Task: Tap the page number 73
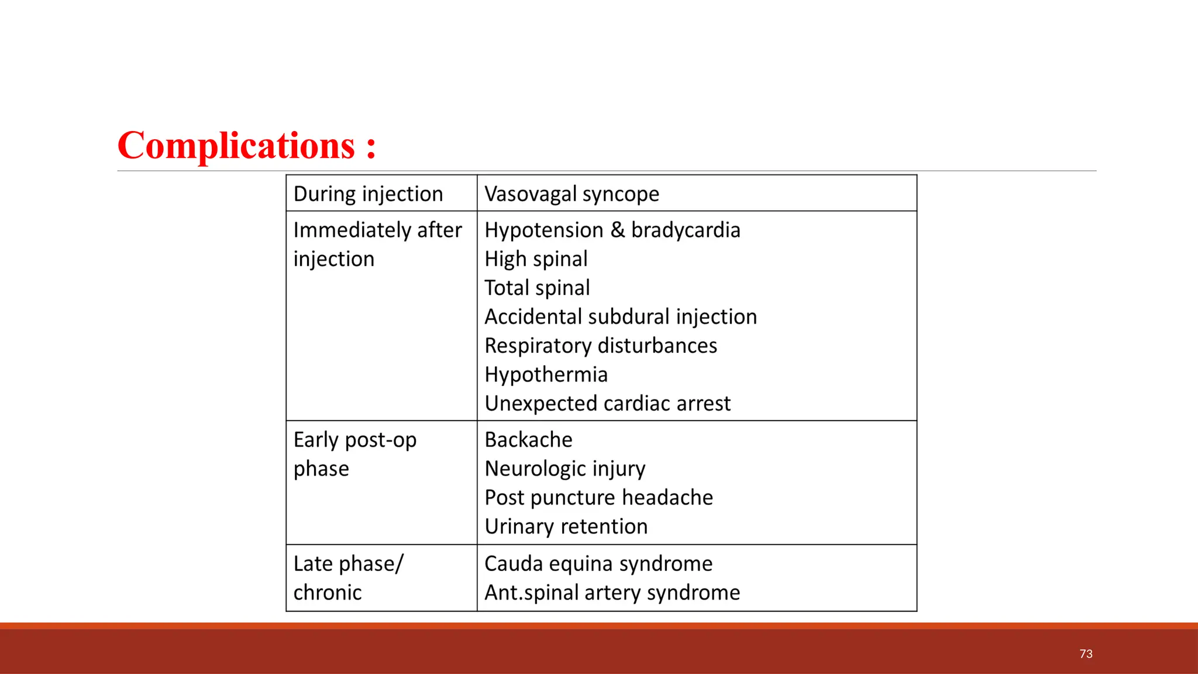point(1086,654)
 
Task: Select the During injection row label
point(368,194)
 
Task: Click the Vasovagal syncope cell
point(572,194)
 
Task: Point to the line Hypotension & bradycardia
point(612,231)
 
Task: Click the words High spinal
point(536,259)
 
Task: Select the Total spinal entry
point(537,288)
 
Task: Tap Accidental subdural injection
point(620,317)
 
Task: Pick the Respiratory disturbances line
point(600,346)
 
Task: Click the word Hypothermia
point(546,375)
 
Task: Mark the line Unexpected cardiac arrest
point(607,404)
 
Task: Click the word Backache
point(528,440)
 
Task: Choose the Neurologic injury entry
point(564,469)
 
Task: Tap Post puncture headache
point(598,498)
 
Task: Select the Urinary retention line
point(566,527)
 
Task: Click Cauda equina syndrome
point(598,564)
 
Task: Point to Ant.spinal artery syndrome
point(612,593)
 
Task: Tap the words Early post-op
point(354,440)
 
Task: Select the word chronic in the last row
point(327,593)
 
